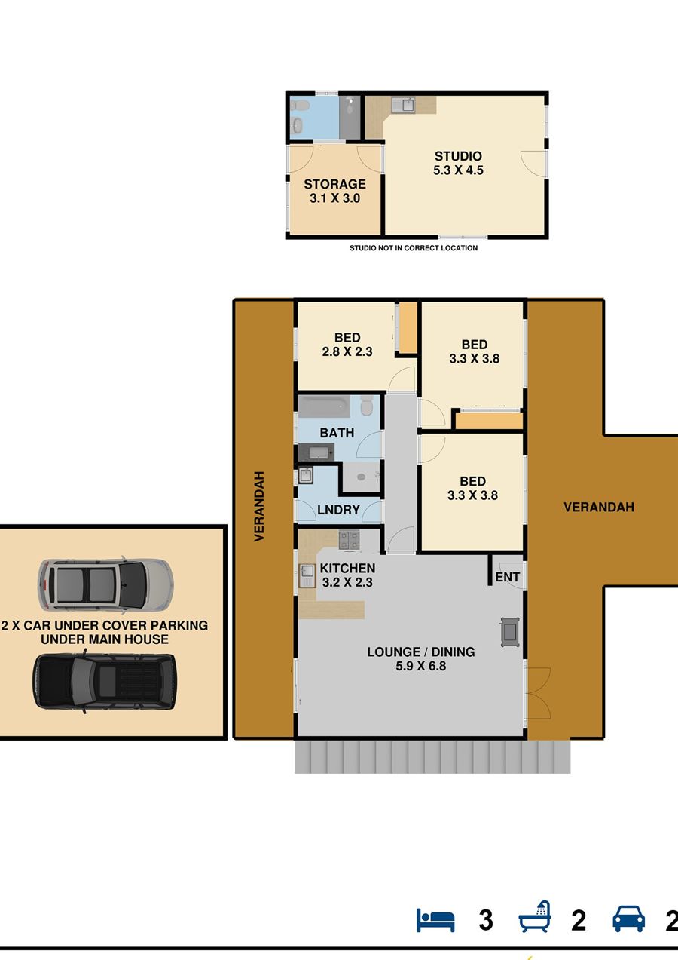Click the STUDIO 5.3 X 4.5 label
point(458,164)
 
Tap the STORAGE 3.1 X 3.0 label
point(334,191)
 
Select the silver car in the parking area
point(105,586)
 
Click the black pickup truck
point(105,683)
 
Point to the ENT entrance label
point(507,578)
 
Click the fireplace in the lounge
point(510,632)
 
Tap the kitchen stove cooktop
point(350,541)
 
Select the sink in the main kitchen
point(307,575)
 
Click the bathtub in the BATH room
point(324,406)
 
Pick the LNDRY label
point(338,510)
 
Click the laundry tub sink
point(306,475)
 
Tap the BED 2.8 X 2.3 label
point(347,345)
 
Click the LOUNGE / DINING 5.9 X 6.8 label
point(421,658)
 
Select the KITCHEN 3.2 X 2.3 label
point(347,575)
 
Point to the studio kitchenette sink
point(403,105)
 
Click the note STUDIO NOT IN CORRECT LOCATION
point(414,247)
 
